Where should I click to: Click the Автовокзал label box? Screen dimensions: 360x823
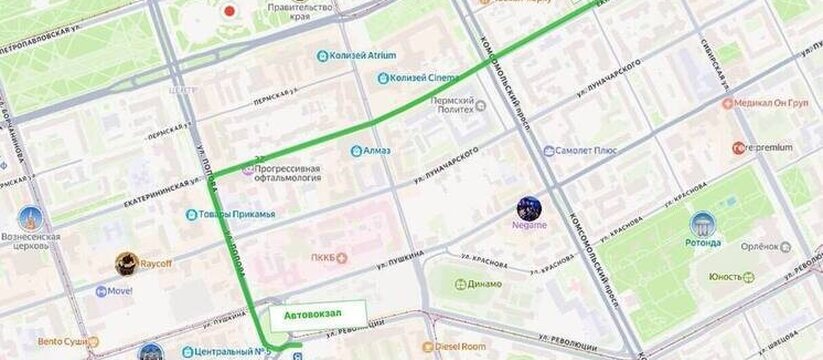point(312,315)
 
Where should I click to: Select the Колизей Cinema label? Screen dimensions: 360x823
point(424,77)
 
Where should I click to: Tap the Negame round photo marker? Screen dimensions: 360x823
point(530,209)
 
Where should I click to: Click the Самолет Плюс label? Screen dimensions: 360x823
point(590,151)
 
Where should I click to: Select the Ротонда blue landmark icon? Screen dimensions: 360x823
point(703,224)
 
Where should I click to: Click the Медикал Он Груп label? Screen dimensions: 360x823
point(772,102)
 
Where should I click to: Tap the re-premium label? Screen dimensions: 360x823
point(769,147)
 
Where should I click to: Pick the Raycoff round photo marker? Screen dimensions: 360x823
point(127,264)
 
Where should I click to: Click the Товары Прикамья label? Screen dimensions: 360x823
point(237,214)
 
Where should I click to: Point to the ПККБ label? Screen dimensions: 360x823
point(322,257)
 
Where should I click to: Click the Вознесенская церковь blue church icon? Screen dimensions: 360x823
point(30,217)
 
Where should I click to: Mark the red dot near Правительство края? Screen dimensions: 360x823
point(230,13)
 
